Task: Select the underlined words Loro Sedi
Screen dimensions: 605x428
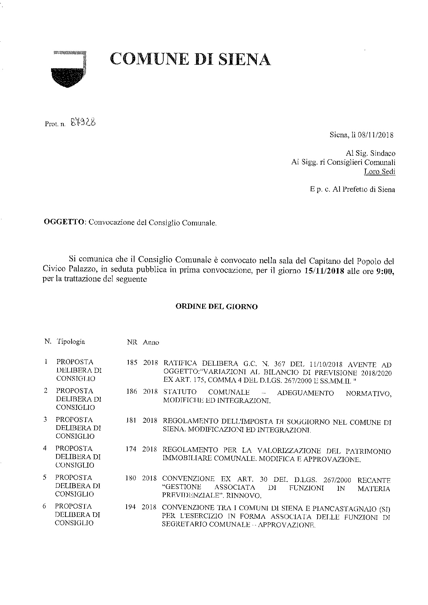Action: (379, 171)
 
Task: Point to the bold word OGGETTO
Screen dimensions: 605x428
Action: (64, 222)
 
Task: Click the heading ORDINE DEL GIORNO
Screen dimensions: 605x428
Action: (216, 307)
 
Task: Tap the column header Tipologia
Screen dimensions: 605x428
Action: (70, 342)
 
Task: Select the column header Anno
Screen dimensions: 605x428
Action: (151, 342)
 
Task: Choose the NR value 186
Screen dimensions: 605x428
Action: (132, 391)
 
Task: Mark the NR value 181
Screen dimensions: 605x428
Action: (131, 420)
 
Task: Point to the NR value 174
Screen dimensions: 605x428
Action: (131, 449)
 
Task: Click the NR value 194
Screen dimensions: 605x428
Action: (131, 507)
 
